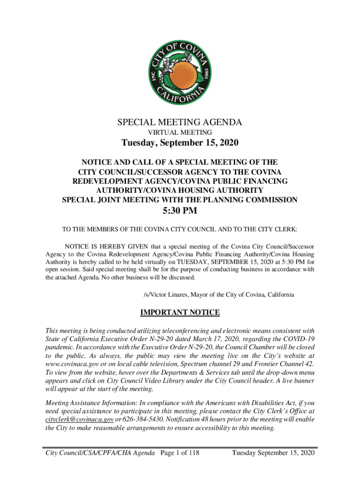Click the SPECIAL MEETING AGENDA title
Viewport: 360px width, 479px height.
click(x=180, y=123)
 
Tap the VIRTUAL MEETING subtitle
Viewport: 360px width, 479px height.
click(x=180, y=133)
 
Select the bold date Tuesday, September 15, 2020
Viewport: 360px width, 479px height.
click(x=180, y=144)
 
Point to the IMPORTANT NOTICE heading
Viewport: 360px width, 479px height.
click(x=180, y=312)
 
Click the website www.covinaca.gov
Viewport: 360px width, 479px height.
click(x=72, y=363)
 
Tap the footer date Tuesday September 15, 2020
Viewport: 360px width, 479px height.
click(x=273, y=453)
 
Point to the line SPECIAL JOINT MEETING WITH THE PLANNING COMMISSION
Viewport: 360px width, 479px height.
click(x=180, y=200)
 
